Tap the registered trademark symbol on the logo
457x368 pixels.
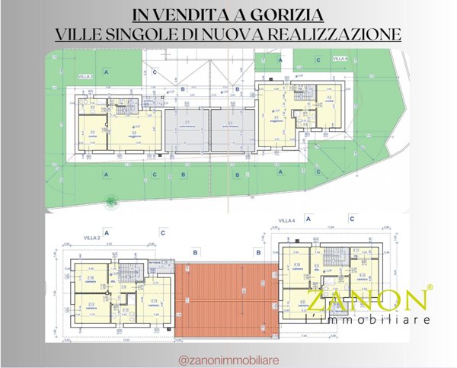point(430,288)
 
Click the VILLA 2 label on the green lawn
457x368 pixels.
point(85,77)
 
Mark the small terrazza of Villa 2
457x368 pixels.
point(157,263)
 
